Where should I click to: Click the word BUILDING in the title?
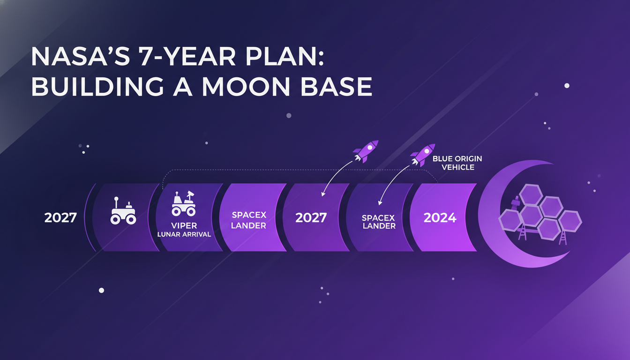tap(91, 87)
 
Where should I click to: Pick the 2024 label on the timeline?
tap(440, 217)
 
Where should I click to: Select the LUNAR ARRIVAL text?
tap(184, 234)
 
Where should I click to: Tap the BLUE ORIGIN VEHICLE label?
tap(457, 163)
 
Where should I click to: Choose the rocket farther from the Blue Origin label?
tap(366, 150)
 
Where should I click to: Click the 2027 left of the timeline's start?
tap(60, 217)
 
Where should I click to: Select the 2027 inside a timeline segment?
tap(311, 217)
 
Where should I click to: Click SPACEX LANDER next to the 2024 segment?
tap(378, 222)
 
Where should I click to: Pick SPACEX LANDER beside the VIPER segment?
tap(249, 220)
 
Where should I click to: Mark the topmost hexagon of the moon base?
tap(531, 194)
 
